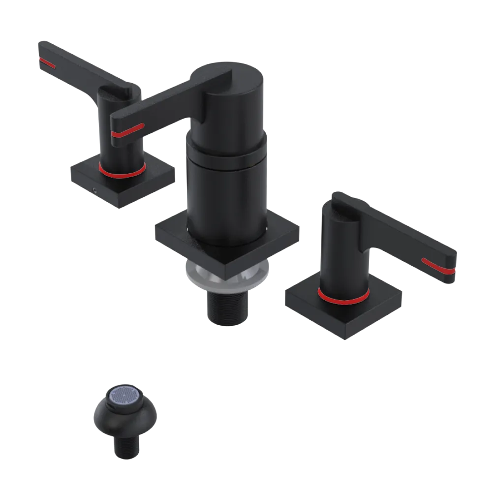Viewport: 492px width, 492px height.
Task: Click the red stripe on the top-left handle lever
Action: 47,62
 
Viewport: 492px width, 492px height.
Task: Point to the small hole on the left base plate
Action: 94,188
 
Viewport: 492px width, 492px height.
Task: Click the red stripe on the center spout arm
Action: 127,130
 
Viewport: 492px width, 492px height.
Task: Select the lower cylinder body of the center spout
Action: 226,197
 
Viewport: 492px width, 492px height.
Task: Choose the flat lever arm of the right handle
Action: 403,241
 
